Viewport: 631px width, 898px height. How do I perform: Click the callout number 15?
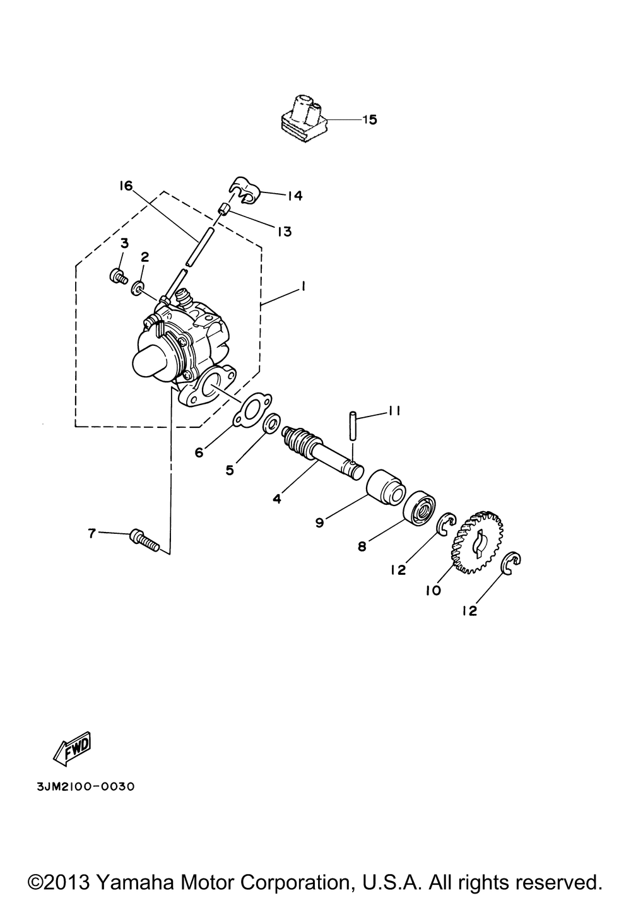point(370,119)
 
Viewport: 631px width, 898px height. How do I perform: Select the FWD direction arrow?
point(72,749)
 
